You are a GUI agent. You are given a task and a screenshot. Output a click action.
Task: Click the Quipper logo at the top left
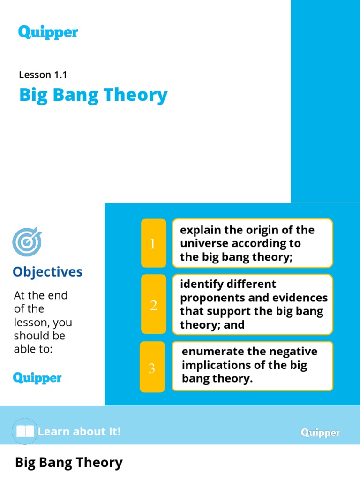click(48, 32)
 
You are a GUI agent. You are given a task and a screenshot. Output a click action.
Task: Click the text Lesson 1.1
click(43, 74)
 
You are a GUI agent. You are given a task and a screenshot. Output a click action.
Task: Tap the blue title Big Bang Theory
click(93, 95)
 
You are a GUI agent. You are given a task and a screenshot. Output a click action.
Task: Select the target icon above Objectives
click(27, 242)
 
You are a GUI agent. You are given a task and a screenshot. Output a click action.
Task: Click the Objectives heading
click(47, 272)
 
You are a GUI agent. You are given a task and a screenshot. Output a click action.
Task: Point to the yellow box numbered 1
click(153, 243)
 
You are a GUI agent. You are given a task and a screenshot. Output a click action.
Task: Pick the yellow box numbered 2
click(153, 305)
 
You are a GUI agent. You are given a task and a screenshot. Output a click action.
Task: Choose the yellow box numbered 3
click(152, 368)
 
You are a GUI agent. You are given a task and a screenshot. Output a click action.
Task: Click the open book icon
click(25, 431)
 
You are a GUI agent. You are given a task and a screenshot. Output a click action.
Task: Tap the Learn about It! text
click(79, 431)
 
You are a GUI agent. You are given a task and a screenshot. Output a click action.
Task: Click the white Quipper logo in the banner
click(321, 433)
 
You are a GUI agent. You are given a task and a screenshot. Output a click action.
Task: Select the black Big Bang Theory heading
click(69, 463)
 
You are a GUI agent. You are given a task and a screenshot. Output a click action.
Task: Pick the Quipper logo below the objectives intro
click(37, 377)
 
